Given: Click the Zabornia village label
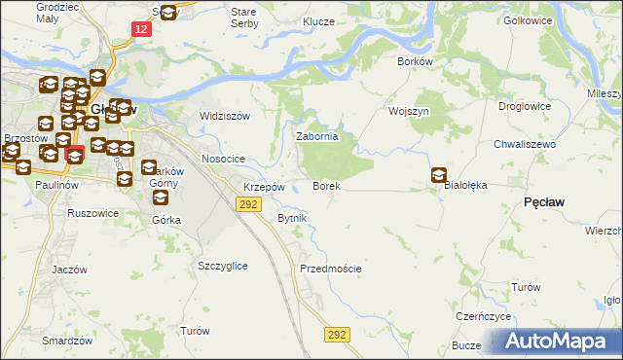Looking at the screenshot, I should click(x=316, y=137).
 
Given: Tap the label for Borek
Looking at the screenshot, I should click(x=325, y=185).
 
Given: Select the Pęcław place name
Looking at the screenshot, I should click(x=545, y=201).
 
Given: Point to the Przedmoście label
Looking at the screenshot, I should click(x=331, y=269).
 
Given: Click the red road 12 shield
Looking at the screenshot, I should click(x=142, y=30).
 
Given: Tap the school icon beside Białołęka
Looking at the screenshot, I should click(x=439, y=175).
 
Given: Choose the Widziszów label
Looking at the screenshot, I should click(x=225, y=116).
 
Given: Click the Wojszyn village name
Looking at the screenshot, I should click(x=409, y=111).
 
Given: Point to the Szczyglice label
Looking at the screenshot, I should click(x=222, y=266).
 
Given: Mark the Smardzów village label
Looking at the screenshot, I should click(x=67, y=342).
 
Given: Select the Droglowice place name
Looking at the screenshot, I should click(x=525, y=107).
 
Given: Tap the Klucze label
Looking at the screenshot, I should click(x=318, y=20).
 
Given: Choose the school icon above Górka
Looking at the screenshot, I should click(x=161, y=198).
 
